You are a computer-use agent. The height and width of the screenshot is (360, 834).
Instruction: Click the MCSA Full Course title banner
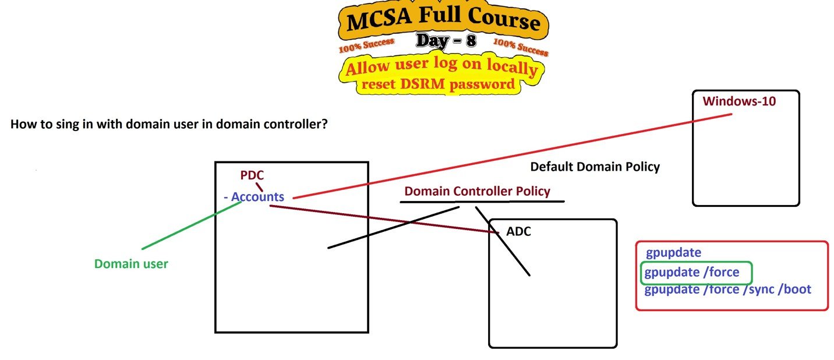[443, 22]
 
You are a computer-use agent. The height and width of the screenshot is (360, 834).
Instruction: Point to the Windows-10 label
[739, 101]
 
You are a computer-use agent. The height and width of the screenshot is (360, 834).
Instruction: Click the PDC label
[252, 175]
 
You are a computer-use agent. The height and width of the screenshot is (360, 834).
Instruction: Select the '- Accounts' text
[254, 197]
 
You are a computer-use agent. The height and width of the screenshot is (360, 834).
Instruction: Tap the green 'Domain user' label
[131, 264]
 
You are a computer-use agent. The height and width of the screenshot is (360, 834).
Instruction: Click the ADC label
[518, 232]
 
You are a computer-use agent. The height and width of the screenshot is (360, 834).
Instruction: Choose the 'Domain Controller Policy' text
[477, 191]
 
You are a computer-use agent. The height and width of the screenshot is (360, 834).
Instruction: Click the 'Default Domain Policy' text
[595, 167]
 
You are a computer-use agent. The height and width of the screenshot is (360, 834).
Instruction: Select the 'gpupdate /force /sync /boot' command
[727, 290]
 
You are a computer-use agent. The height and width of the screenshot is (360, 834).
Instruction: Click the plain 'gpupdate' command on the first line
[673, 253]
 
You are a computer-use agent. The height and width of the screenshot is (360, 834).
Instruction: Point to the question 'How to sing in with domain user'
[168, 125]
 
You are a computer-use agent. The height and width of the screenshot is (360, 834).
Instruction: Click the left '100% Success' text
[366, 45]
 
